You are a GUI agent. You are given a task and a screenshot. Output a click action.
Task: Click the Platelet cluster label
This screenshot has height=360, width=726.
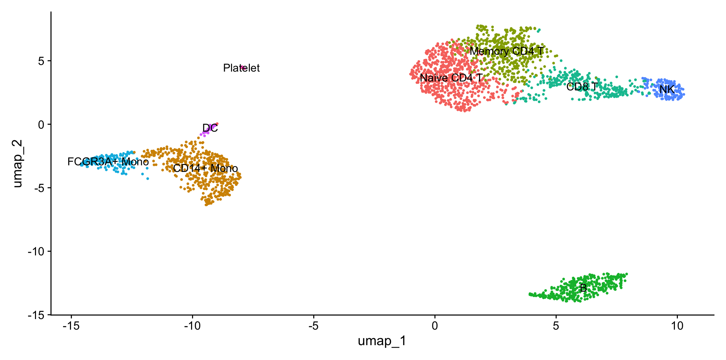(241, 68)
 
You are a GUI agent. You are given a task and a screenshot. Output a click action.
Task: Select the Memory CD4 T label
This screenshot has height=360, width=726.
(507, 51)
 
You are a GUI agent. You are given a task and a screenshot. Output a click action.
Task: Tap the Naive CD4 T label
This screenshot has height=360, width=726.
(451, 78)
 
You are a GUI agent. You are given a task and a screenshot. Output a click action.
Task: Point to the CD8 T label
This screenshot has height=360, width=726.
(582, 87)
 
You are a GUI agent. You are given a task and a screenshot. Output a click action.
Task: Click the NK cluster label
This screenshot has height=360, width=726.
(667, 89)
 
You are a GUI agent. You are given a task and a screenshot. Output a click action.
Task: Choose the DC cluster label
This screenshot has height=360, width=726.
(210, 128)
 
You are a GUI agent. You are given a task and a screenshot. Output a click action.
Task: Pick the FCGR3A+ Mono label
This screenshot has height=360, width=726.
(108, 162)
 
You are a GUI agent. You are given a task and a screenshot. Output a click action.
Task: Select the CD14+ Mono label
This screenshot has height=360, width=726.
(205, 168)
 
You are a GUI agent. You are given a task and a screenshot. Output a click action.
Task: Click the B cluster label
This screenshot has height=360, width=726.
(583, 288)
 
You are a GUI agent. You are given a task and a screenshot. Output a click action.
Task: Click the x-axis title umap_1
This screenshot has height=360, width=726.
(382, 341)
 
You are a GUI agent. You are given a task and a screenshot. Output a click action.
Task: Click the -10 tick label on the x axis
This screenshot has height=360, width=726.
(192, 326)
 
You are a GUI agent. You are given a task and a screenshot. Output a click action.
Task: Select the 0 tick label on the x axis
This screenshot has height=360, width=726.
(435, 326)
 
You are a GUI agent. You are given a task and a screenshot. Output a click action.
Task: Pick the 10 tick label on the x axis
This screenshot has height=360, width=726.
(677, 326)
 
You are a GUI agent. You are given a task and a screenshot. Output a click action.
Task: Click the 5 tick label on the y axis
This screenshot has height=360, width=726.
(41, 61)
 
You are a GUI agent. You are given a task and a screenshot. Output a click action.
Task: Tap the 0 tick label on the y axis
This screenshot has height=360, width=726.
(41, 125)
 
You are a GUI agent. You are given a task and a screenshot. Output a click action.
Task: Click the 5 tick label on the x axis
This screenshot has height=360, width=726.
(556, 326)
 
